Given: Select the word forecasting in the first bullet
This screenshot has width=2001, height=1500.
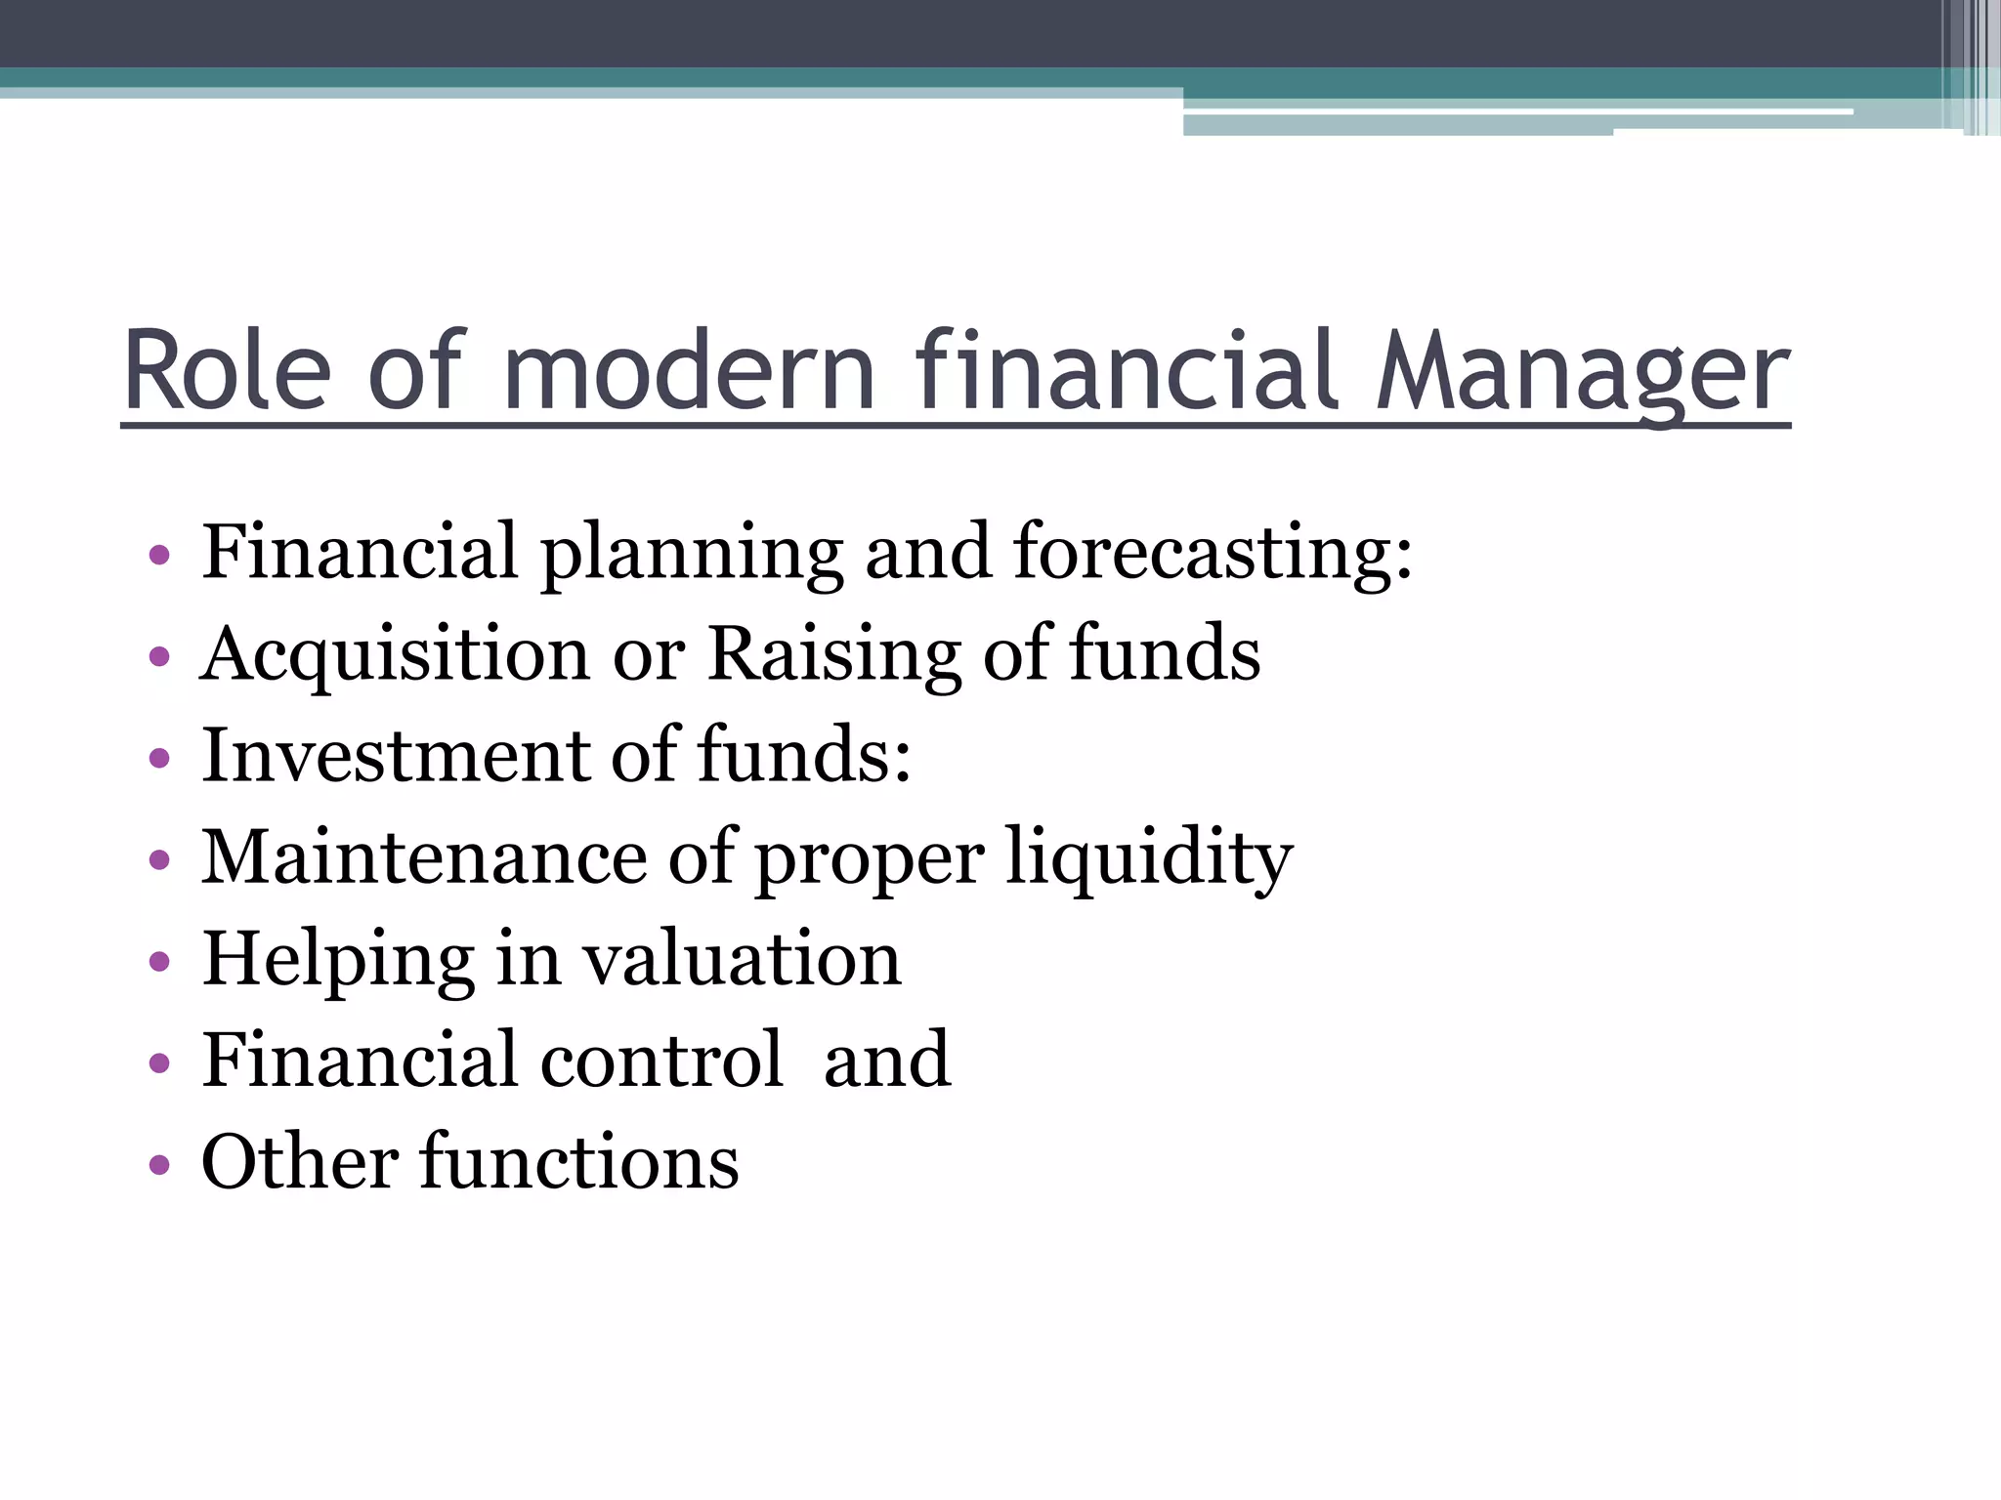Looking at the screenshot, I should pos(1213,553).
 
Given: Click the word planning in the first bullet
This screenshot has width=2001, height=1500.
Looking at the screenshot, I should pos(692,553).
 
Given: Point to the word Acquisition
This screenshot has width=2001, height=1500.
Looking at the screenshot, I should pos(396,654).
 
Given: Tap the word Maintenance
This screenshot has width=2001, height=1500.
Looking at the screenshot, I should pos(424,857).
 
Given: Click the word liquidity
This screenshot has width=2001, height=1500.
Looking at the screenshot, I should pos(1149,857).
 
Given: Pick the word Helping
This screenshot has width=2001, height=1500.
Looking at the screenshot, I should pos(338,961).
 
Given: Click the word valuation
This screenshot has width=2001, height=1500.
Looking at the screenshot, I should pos(743,961).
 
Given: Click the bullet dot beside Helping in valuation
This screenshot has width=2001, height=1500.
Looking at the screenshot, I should pos(159,962).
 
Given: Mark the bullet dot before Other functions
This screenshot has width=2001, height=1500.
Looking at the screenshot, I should pos(159,1165).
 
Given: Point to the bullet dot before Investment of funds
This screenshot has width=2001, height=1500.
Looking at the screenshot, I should pos(159,759).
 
